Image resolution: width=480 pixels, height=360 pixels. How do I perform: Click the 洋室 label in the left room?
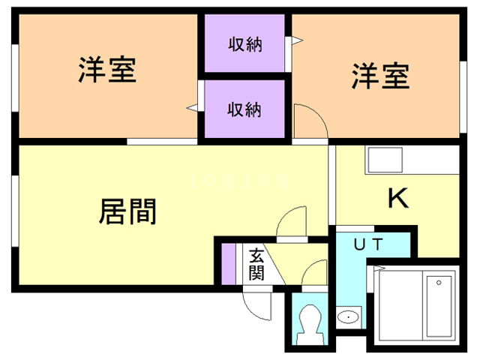[106, 72]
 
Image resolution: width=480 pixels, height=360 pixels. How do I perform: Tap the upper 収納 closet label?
[244, 43]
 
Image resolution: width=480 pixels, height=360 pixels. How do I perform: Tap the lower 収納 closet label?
[244, 109]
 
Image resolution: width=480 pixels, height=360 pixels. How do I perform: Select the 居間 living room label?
[127, 211]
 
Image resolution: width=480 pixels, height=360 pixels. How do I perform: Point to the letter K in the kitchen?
[397, 199]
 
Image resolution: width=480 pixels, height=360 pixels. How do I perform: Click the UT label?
[368, 244]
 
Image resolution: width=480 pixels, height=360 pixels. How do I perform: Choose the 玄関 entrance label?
[256, 264]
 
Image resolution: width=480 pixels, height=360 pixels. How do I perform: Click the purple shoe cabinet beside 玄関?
[227, 264]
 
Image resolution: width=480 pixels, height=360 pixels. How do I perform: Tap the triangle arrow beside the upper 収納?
[297, 41]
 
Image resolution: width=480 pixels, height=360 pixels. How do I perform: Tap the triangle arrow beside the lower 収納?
[193, 109]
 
